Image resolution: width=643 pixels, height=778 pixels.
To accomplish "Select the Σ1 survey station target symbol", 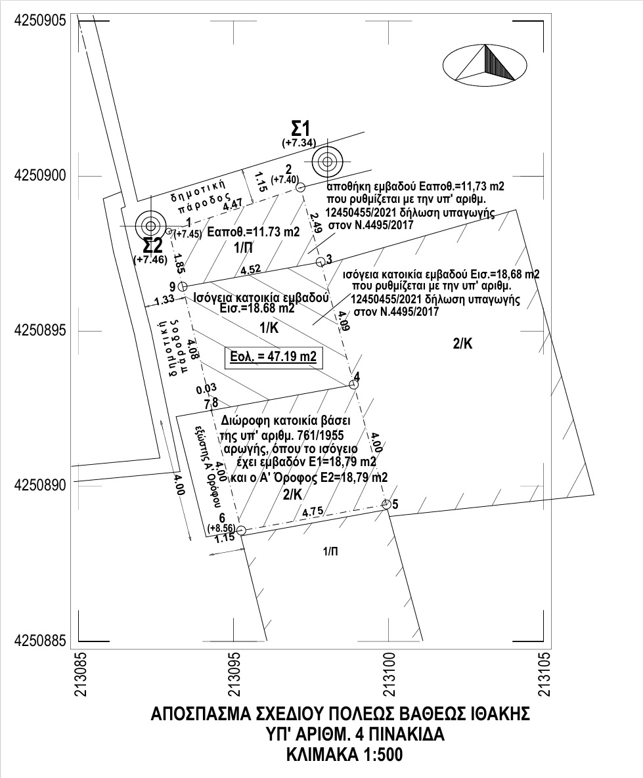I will pos(326,160).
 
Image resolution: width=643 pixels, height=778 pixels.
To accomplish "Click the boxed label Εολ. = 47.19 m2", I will pos(273,358).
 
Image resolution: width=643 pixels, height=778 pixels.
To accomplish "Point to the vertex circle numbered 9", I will pos(183,286).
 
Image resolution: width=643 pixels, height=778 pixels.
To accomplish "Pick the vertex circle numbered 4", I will pos(353,385).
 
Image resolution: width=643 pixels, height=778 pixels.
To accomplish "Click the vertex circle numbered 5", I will pos(386,504).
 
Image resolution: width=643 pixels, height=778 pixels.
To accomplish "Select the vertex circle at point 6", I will pos(241,530).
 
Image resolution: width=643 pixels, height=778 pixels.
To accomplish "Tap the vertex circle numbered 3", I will pos(320,262).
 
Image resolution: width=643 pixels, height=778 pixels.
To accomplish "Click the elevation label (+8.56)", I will pos(221,527).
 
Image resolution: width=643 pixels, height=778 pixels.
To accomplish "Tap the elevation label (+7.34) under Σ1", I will pos(299,142).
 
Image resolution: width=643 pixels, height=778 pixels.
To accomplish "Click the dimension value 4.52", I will pos(252,269).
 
